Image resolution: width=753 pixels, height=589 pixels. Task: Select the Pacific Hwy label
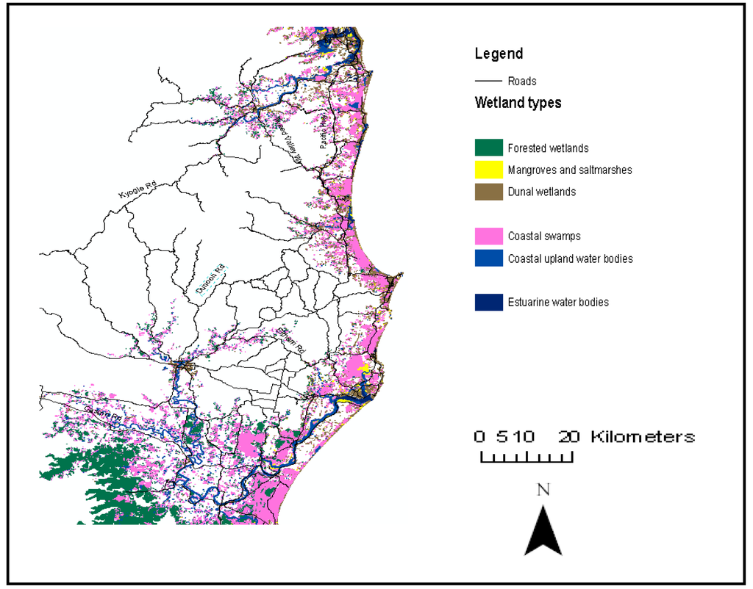(323, 132)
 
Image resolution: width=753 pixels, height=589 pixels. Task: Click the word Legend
(499, 54)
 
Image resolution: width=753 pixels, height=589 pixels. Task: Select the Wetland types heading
(518, 103)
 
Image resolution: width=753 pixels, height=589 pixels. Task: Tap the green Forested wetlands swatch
(488, 148)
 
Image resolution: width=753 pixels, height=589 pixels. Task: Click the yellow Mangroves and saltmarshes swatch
(488, 170)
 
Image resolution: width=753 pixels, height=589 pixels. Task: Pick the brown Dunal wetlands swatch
(488, 192)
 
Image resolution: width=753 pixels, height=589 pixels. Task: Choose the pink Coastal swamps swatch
(488, 236)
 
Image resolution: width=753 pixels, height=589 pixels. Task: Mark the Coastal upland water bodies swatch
(488, 258)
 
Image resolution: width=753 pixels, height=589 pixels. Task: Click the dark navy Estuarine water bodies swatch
(488, 302)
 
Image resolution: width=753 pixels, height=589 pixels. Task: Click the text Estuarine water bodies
(557, 302)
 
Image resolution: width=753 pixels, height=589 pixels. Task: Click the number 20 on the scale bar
(568, 436)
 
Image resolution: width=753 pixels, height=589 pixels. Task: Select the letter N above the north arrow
(543, 490)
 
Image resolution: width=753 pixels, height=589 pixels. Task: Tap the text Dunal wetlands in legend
(541, 192)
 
